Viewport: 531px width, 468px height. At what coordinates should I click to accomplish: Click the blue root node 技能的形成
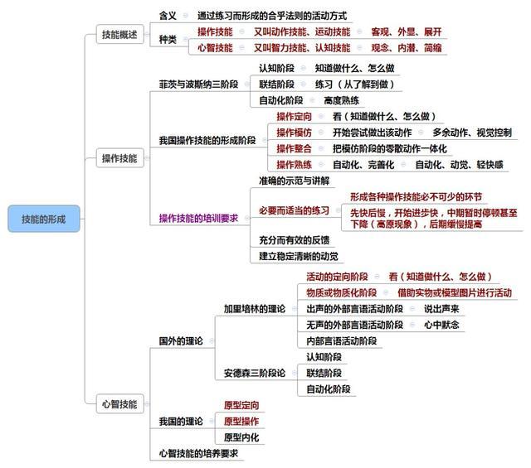[x=44, y=219]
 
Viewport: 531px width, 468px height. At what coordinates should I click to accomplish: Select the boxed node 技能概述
[x=119, y=34]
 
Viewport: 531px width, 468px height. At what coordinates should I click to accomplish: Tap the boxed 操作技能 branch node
[x=119, y=158]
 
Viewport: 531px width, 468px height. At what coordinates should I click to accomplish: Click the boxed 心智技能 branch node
[x=119, y=403]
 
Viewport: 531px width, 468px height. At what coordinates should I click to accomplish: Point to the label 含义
[x=168, y=16]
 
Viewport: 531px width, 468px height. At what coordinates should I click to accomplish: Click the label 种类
[x=168, y=40]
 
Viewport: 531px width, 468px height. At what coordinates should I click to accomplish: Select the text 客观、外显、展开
[x=407, y=31]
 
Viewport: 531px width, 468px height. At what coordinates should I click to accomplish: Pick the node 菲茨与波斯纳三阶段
[x=199, y=84]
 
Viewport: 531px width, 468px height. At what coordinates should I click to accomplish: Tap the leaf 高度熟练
[x=341, y=100]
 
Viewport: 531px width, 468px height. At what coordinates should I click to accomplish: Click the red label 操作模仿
[x=294, y=133]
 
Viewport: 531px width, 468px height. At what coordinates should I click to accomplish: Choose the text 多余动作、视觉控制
[x=472, y=133]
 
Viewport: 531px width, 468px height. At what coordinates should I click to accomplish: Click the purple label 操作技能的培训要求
[x=199, y=218]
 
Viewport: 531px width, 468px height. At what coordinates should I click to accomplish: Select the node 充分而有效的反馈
[x=295, y=240]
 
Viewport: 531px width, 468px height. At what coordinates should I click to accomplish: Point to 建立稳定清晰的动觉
[x=299, y=256]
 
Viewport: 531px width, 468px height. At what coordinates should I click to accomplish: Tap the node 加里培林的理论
[x=255, y=309]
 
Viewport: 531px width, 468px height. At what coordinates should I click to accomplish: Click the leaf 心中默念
[x=441, y=325]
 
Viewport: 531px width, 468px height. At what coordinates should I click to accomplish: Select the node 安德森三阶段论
[x=255, y=373]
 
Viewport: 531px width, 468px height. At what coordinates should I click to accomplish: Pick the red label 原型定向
[x=241, y=405]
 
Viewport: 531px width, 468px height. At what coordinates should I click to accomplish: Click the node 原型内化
[x=241, y=437]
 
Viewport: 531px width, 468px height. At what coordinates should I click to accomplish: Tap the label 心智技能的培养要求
[x=199, y=453]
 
